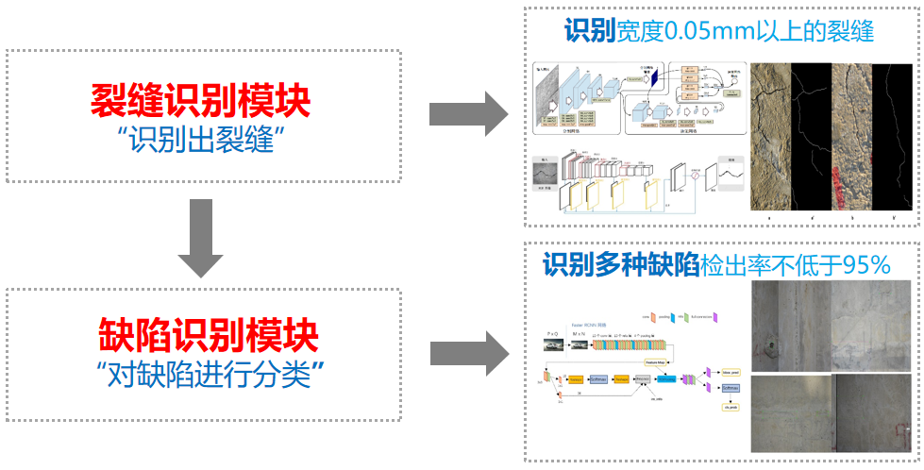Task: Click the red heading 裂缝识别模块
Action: coord(200,100)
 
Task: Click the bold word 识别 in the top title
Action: coord(589,30)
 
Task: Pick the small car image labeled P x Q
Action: coord(554,344)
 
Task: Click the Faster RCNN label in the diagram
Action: coord(587,325)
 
